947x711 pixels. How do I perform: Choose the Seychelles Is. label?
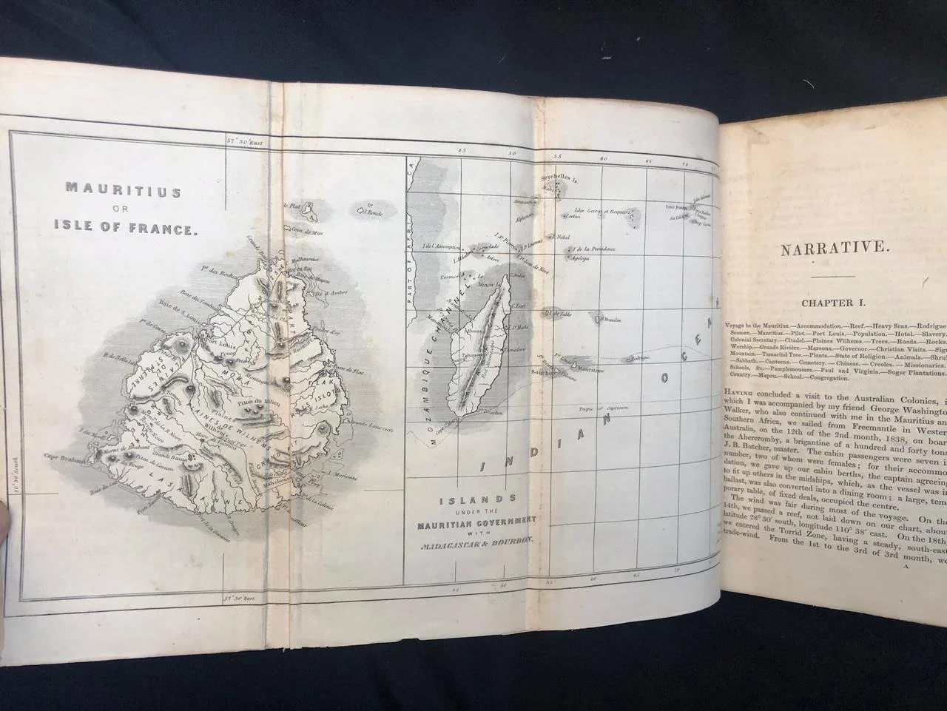(x=560, y=180)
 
